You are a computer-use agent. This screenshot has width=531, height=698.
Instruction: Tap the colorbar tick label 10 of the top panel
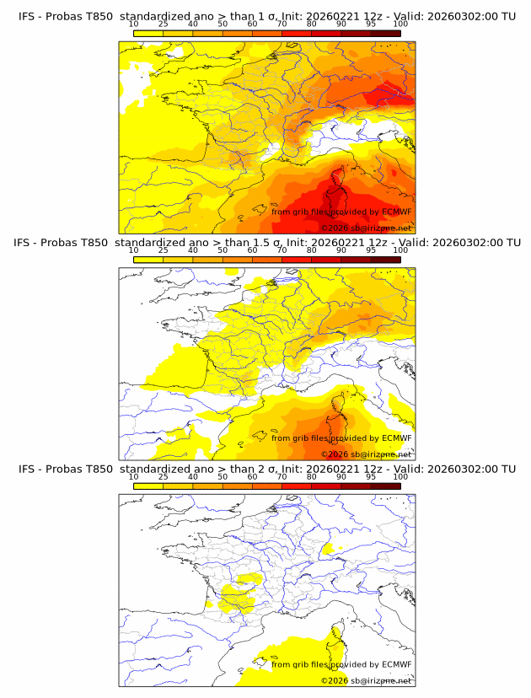point(134,24)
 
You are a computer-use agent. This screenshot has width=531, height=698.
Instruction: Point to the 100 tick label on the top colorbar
point(400,24)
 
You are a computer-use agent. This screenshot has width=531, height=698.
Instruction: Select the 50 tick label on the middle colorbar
point(223,250)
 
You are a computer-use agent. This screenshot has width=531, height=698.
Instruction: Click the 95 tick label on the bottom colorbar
point(371,476)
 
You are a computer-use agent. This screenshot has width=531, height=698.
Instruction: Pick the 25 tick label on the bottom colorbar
point(164,476)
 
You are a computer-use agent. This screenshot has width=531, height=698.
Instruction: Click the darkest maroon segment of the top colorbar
point(386,33)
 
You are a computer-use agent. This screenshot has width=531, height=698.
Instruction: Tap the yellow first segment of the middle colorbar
point(148,259)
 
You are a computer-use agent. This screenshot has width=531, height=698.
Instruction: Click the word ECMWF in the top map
point(396,212)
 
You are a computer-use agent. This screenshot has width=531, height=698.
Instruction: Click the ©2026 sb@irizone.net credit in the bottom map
point(367,680)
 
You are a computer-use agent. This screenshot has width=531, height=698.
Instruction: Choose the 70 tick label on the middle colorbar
point(282,250)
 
